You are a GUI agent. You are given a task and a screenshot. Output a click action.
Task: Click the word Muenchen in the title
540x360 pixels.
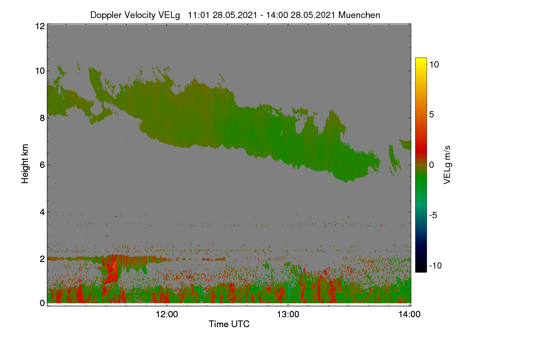tap(359, 15)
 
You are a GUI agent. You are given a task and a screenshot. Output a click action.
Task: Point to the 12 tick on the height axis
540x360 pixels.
tap(40, 26)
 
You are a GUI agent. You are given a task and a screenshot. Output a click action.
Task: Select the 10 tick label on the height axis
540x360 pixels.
tap(40, 71)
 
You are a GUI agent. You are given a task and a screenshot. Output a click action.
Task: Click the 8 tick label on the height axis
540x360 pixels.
tap(42, 118)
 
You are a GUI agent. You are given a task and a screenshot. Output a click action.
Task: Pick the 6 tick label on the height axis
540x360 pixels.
tap(42, 165)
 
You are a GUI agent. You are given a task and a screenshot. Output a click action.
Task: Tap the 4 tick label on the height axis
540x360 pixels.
tap(42, 212)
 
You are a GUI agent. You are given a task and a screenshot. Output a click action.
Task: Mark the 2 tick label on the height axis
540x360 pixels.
tap(42, 259)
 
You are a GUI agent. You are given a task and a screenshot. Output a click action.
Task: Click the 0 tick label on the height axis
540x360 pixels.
tap(42, 303)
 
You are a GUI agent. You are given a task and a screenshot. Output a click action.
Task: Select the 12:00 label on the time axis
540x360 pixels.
tap(167, 315)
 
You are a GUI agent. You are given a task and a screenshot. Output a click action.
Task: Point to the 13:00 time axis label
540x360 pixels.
tap(288, 315)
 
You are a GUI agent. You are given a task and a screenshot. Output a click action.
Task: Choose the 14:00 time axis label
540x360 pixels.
tap(409, 315)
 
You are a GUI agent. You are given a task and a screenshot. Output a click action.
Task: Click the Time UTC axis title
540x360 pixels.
tap(229, 324)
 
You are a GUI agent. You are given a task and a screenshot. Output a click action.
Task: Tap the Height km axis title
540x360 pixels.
tap(25, 164)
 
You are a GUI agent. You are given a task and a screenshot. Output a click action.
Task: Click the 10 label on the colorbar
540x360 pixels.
tap(434, 65)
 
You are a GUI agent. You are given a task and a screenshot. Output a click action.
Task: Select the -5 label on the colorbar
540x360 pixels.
tap(433, 215)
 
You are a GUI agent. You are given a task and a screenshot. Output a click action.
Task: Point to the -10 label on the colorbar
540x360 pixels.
tap(436, 265)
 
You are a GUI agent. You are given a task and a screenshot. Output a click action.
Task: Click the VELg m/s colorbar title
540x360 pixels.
tap(447, 165)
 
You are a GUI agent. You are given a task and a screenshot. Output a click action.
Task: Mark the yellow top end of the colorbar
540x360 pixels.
tap(421, 59)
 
